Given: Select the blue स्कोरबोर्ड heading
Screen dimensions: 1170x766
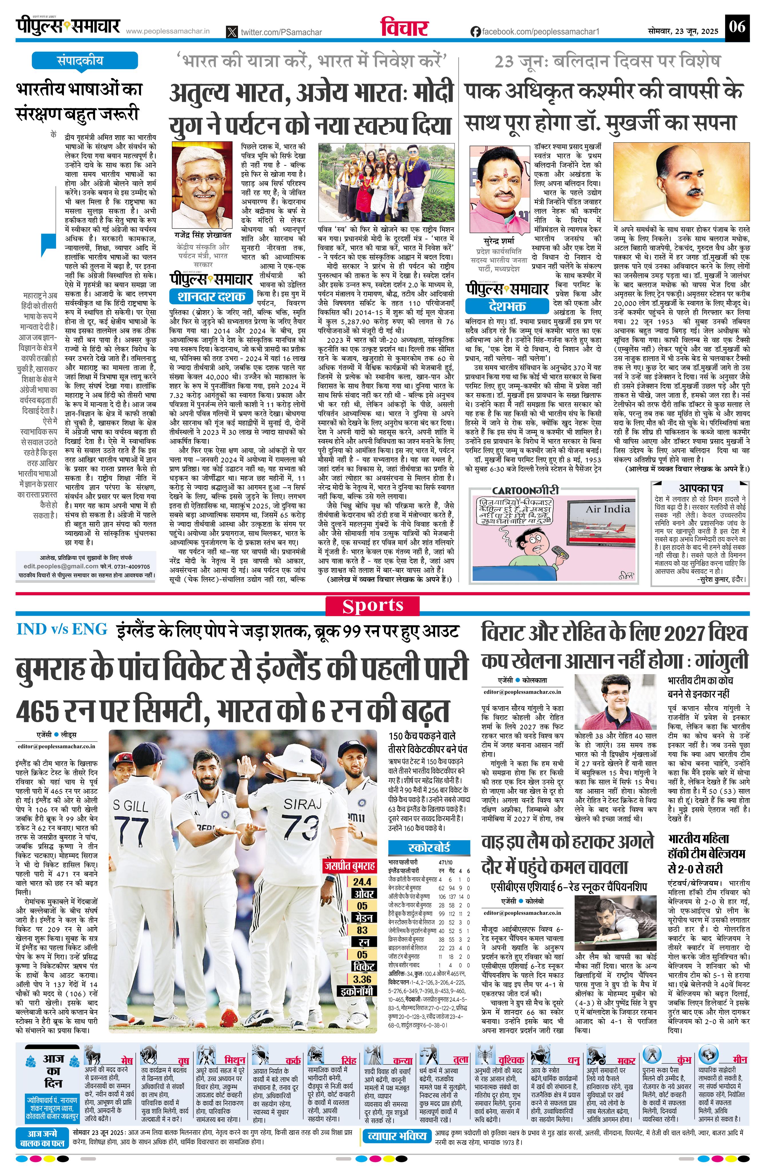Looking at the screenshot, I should [x=429, y=848].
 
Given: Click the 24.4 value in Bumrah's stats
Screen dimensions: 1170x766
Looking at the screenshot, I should [x=362, y=882].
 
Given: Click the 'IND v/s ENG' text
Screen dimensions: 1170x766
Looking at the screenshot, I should [x=61, y=629].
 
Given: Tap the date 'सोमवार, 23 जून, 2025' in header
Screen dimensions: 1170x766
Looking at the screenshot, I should [x=683, y=31].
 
